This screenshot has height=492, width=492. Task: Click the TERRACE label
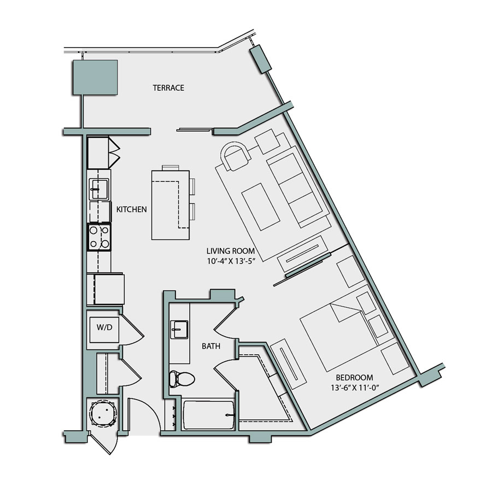point(168,87)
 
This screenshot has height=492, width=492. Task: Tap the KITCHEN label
point(131,209)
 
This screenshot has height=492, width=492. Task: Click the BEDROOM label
point(354,377)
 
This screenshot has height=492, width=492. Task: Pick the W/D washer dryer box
point(104,329)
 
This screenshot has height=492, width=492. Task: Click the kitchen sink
point(99,189)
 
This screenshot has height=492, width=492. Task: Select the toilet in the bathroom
point(180,378)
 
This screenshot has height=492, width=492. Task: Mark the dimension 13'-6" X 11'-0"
point(354,388)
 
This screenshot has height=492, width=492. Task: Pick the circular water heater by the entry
point(103,413)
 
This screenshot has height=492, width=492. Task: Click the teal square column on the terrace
point(96,77)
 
